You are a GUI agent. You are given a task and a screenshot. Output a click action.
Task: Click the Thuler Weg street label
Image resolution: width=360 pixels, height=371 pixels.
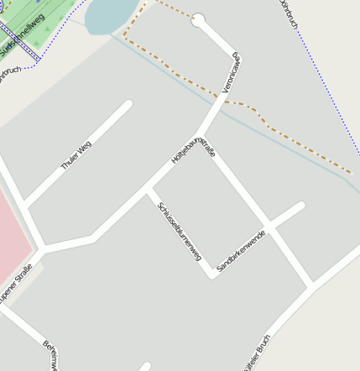tap(76, 155)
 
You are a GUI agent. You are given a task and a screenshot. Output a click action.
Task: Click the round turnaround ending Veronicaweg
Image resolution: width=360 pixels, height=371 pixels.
tap(199, 20)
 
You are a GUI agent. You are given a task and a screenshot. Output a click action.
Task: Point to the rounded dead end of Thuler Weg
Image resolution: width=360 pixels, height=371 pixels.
tap(128, 105)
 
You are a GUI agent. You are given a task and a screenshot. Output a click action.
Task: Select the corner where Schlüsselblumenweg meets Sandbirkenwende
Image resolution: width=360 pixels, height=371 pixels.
tap(211, 274)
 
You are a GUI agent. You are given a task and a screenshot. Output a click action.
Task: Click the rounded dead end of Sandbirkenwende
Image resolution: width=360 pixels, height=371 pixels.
tap(300, 206)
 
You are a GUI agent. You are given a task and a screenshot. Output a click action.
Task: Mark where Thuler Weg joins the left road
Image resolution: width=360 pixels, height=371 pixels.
tap(25, 204)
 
